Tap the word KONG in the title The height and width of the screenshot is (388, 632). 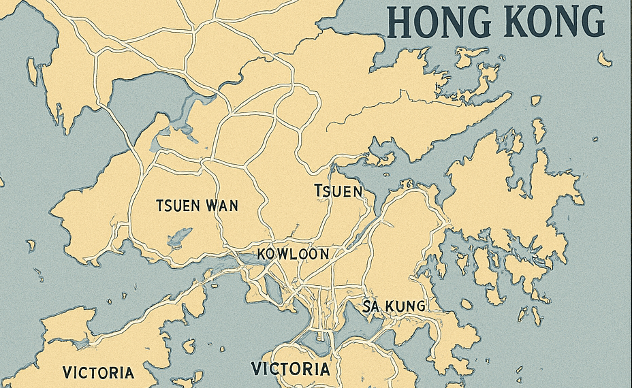click(x=552, y=22)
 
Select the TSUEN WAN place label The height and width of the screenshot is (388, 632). click(x=197, y=206)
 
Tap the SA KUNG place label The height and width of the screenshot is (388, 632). click(x=394, y=306)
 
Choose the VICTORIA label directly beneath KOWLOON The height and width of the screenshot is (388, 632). click(x=291, y=369)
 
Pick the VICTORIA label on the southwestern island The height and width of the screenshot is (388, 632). click(x=98, y=372)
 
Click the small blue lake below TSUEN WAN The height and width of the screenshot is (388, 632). click(x=179, y=236)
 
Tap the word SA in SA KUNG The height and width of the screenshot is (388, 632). click(x=370, y=306)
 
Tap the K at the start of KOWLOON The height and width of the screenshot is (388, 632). click(x=264, y=254)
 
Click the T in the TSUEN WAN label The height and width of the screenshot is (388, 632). click(x=159, y=206)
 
